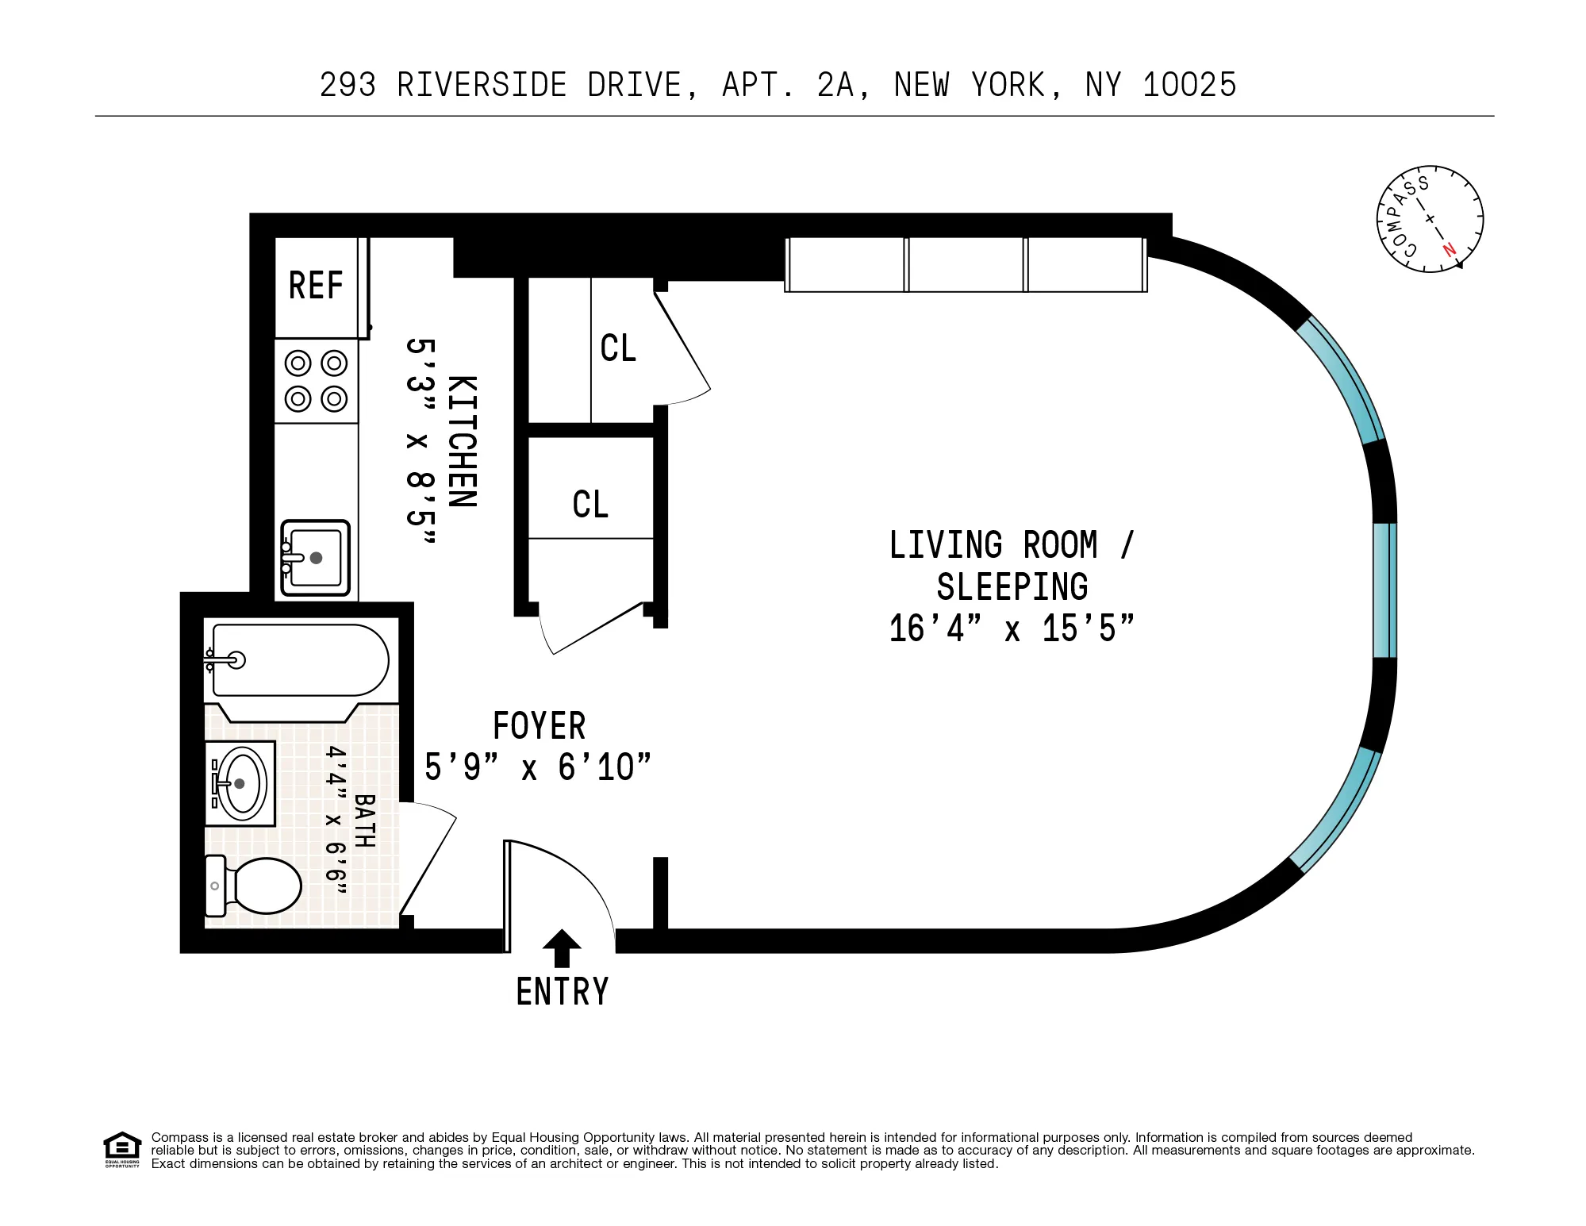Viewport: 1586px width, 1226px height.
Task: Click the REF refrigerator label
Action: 316,286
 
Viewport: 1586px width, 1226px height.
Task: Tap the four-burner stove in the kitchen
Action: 316,381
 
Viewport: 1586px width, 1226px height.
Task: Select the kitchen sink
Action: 316,558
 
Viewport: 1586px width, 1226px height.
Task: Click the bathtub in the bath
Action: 300,660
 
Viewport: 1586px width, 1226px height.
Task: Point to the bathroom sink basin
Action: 241,784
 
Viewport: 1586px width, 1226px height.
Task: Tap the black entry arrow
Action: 562,948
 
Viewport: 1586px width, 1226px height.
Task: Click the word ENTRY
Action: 562,992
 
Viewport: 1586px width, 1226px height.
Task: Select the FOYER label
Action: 539,726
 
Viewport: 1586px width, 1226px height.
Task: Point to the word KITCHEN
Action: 463,441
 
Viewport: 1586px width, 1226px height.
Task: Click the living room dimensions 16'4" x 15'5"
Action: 1011,628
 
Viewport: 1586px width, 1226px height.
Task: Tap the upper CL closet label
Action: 618,348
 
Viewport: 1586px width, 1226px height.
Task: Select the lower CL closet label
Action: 590,505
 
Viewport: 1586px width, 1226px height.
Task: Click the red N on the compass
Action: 1449,249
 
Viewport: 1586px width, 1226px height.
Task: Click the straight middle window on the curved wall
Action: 1384,590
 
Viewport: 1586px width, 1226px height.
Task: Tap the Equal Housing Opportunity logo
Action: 122,1149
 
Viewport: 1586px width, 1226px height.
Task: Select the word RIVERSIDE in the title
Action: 482,85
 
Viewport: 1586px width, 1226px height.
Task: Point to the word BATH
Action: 364,821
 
